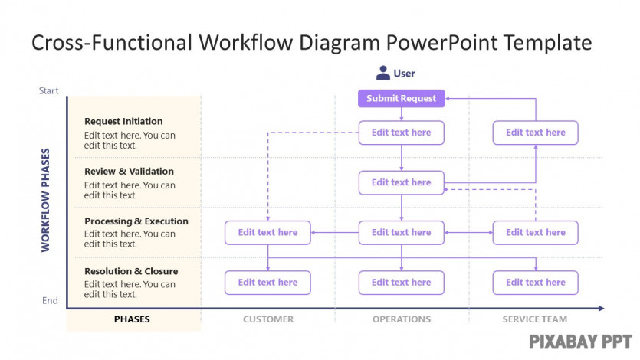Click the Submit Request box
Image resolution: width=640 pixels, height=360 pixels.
tap(401, 99)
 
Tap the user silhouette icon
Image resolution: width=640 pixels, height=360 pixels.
tap(383, 73)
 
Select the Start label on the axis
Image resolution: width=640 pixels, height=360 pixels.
tap(48, 91)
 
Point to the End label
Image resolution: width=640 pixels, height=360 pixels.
tap(51, 301)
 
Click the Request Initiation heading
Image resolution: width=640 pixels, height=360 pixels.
tap(123, 122)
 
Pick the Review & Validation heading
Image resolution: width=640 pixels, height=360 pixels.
tap(129, 172)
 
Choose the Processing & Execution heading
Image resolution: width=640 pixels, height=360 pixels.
tap(136, 221)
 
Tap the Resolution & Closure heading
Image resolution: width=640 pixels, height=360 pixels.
tap(131, 271)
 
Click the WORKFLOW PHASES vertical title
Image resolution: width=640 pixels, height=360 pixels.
tap(45, 200)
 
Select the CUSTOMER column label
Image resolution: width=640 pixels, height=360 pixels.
tap(268, 319)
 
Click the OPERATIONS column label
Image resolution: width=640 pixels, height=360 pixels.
tap(402, 319)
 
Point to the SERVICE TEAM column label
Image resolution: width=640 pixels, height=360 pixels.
tap(535, 319)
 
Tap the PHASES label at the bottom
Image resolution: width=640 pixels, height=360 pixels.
tap(132, 319)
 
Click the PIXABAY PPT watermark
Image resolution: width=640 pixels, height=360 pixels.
tap(580, 342)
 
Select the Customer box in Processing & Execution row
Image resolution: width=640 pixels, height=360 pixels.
tap(267, 233)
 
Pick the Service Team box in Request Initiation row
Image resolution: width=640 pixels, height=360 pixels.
tap(536, 133)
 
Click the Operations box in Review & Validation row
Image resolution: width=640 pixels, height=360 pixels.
tap(401, 182)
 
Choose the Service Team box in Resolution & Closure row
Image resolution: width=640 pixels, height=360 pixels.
tap(536, 283)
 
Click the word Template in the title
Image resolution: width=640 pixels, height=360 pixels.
tap(547, 43)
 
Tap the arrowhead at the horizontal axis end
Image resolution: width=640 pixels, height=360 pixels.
tap(601, 309)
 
